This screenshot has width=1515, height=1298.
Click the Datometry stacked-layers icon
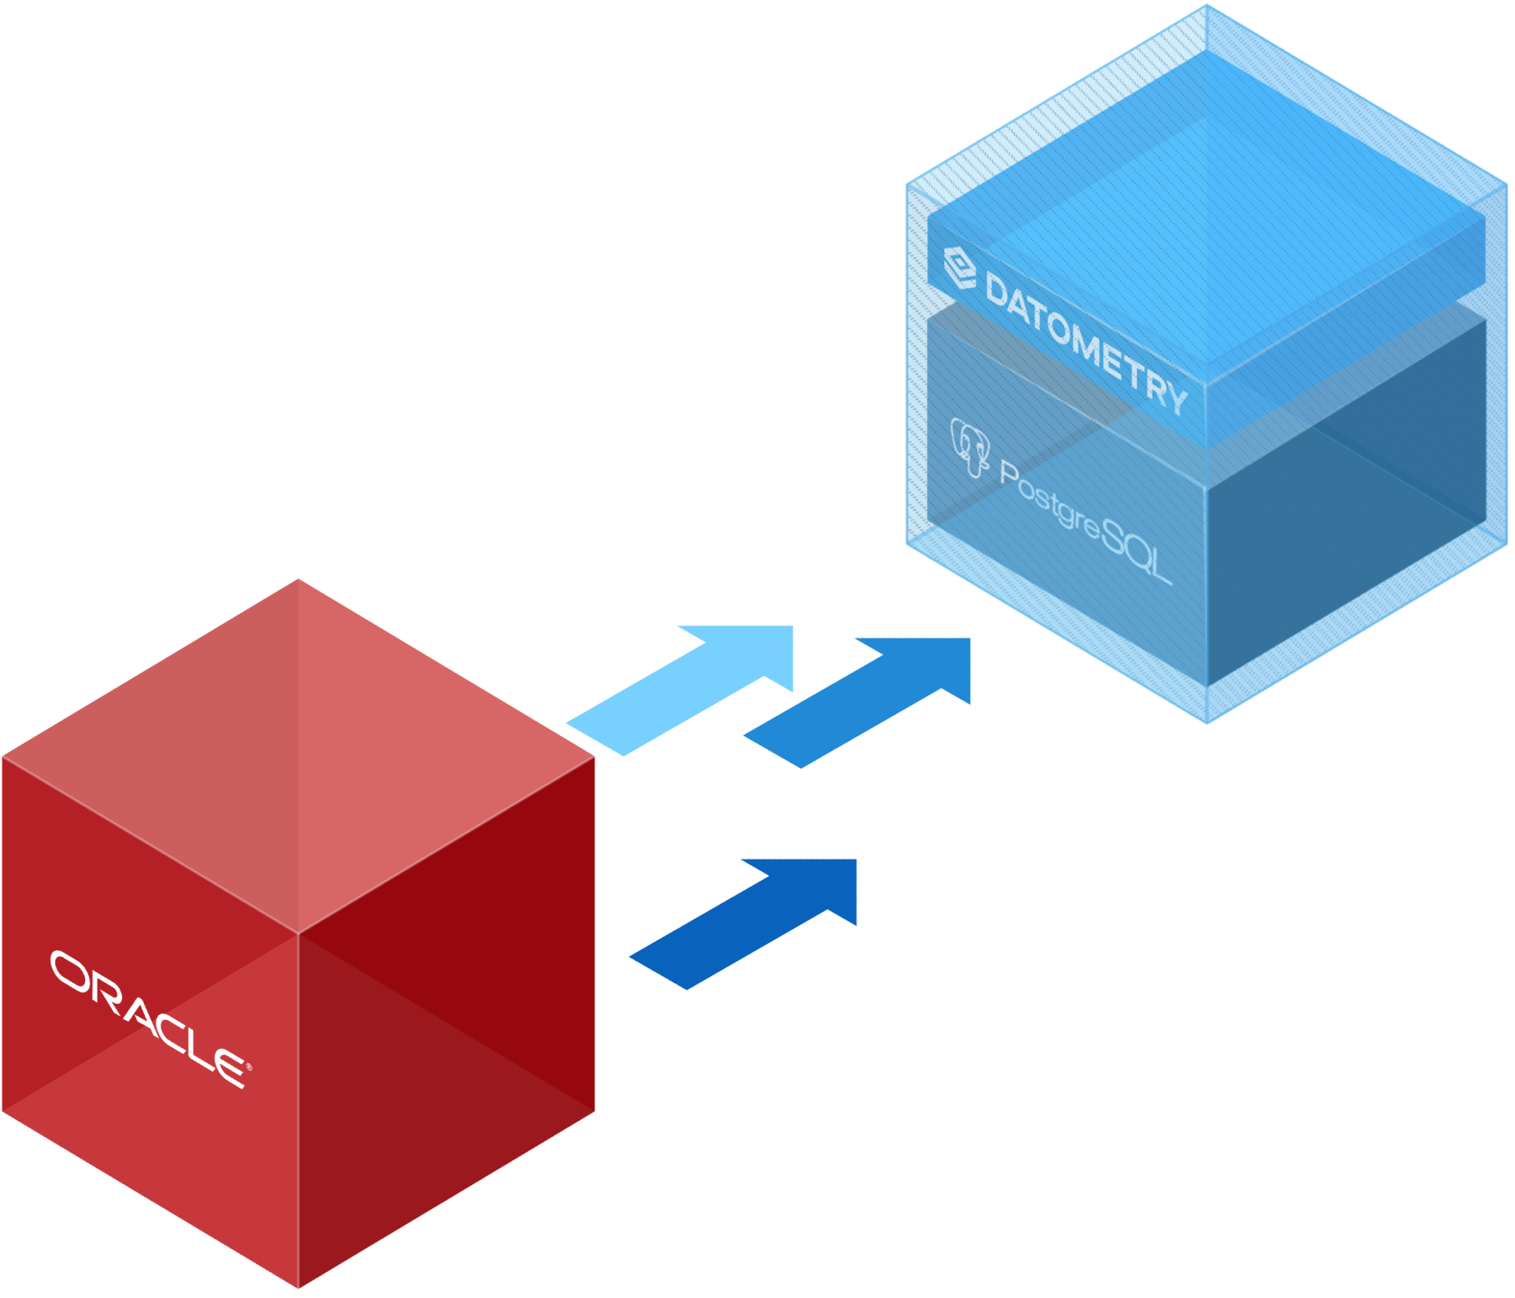coord(959,267)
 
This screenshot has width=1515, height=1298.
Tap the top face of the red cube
coord(298,754)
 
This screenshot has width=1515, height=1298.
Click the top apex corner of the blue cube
coord(1206,6)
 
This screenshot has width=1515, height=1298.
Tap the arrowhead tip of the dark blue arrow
coord(856,861)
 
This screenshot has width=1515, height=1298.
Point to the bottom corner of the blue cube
coord(1207,723)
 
